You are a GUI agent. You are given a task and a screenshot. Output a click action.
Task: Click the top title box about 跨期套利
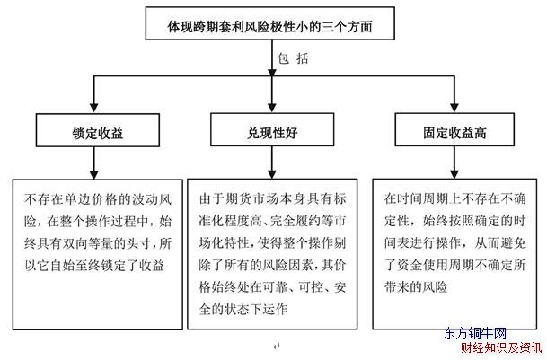(x=270, y=23)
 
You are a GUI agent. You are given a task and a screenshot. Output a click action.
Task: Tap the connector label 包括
(x=293, y=58)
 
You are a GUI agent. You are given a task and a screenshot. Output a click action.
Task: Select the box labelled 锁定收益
(x=98, y=130)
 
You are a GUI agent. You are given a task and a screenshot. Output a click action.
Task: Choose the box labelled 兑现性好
(x=272, y=129)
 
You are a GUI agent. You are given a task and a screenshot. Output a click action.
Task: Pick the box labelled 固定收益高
(x=454, y=129)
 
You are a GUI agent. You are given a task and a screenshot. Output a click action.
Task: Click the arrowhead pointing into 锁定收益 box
(x=93, y=108)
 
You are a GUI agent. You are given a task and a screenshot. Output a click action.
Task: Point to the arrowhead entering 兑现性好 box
(x=272, y=108)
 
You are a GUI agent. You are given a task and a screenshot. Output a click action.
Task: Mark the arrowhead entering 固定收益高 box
(x=454, y=108)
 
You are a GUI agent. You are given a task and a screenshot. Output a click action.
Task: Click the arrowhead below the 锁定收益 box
(x=93, y=174)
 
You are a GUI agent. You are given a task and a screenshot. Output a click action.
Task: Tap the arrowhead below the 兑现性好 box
(x=272, y=174)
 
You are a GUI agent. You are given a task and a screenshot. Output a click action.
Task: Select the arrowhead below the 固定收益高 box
(x=454, y=174)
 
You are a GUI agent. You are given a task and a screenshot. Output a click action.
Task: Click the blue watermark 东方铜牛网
(x=475, y=334)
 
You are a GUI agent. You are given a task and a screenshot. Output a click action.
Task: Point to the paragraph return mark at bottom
(x=277, y=347)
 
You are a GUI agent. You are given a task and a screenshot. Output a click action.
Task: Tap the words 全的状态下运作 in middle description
(x=243, y=309)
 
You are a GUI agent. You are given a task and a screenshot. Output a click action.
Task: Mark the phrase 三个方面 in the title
(x=347, y=27)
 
